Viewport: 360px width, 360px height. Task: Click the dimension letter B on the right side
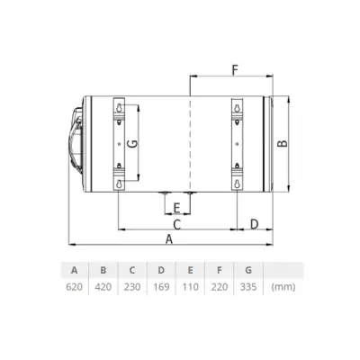[x=282, y=142]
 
